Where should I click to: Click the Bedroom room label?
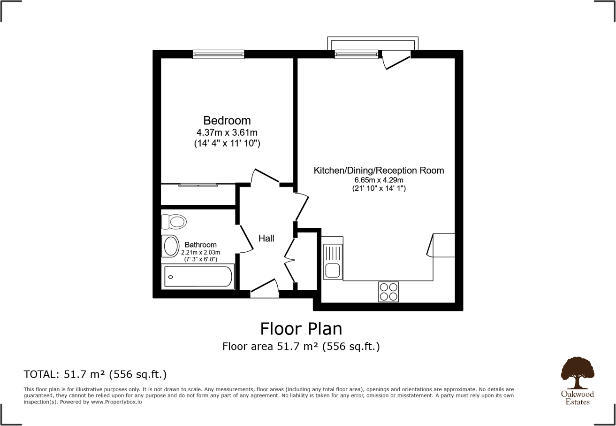(227, 120)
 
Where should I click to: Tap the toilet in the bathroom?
(174, 221)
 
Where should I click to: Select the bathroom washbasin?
(170, 246)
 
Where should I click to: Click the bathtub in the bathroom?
(198, 277)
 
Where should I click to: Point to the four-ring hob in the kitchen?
(388, 292)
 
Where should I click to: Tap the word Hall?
(266, 239)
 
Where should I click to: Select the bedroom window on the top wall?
(218, 54)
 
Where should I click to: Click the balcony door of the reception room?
(396, 60)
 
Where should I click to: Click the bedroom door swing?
(265, 177)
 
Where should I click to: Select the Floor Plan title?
(301, 328)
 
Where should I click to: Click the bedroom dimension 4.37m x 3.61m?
(227, 133)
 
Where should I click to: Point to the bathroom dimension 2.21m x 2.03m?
(200, 253)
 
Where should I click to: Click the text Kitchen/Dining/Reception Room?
(379, 170)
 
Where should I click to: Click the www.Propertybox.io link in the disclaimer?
(116, 402)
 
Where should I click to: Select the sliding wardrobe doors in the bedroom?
(198, 185)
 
